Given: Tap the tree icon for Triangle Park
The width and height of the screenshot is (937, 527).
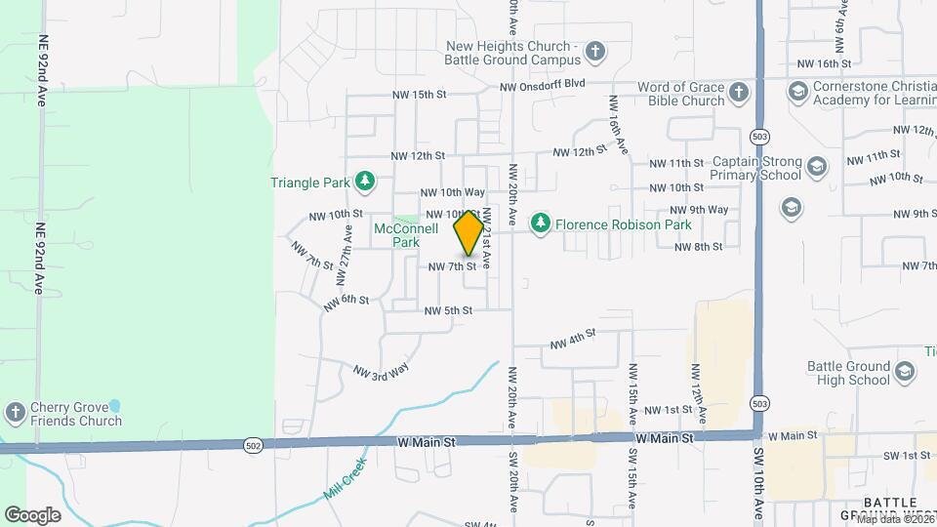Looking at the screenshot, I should (365, 181).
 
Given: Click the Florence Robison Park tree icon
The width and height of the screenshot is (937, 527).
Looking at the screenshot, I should (540, 224).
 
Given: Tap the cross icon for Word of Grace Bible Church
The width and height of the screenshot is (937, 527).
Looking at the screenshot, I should (739, 93).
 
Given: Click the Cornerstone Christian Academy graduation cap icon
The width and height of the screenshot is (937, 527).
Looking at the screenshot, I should (797, 92).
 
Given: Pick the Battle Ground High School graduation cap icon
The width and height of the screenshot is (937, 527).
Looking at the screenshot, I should (905, 371).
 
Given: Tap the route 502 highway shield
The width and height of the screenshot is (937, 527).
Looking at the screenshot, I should (253, 445).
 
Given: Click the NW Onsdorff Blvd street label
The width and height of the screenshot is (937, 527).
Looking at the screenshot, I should (542, 86).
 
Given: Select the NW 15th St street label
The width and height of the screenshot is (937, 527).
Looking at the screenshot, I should (418, 95).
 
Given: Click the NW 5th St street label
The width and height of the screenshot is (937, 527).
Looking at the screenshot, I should (448, 310).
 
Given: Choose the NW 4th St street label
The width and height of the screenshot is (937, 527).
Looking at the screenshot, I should (572, 338).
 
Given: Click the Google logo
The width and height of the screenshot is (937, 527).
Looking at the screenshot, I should (32, 514).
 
